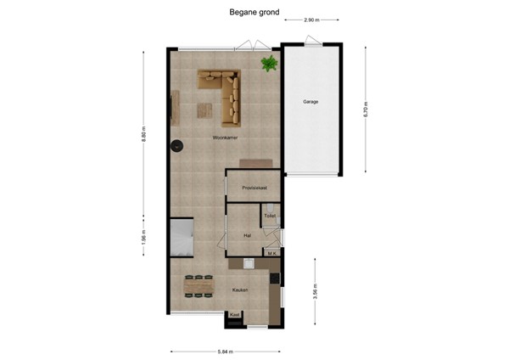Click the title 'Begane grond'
click(x=255, y=12)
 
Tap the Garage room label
click(x=311, y=102)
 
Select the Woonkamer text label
click(x=225, y=138)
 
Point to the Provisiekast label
click(x=255, y=187)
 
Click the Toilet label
click(x=270, y=217)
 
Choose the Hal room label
click(x=247, y=235)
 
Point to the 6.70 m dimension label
click(x=365, y=106)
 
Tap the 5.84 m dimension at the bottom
click(x=225, y=351)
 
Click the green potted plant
click(x=270, y=64)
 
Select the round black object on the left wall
click(x=177, y=145)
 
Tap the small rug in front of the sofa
click(x=205, y=108)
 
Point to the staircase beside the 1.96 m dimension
click(x=182, y=238)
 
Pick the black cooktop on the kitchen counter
click(x=274, y=278)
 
